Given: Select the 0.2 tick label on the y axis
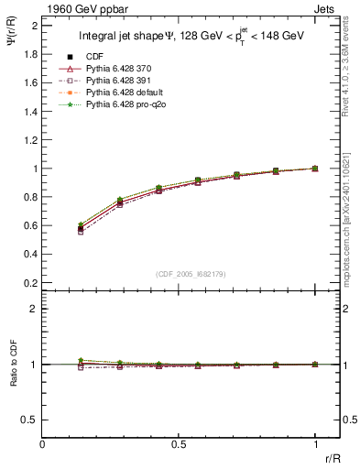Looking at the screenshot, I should coord(30,283).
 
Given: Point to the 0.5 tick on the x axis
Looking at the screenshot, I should coord(179,442).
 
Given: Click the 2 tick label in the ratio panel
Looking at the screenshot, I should coord(34,309).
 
